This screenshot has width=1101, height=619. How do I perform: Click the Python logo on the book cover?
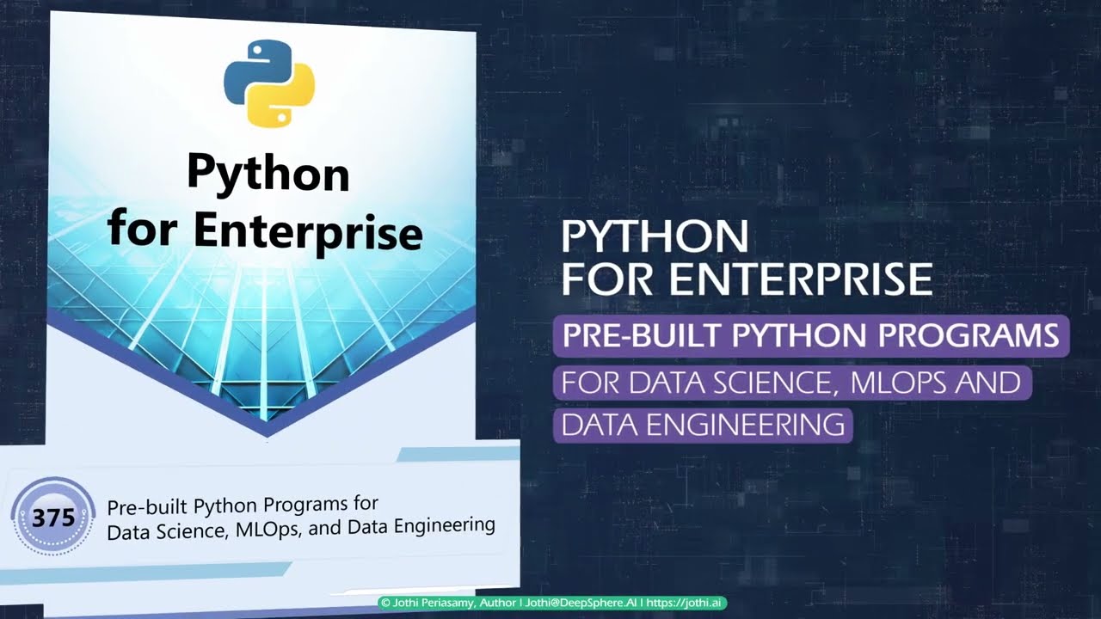pos(269,83)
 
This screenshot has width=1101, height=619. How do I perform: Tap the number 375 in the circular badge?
pos(53,518)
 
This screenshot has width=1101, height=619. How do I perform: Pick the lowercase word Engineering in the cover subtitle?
pos(444,524)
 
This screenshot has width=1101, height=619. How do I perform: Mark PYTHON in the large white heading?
pos(655,236)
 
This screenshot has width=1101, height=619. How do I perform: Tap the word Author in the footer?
pos(498,604)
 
